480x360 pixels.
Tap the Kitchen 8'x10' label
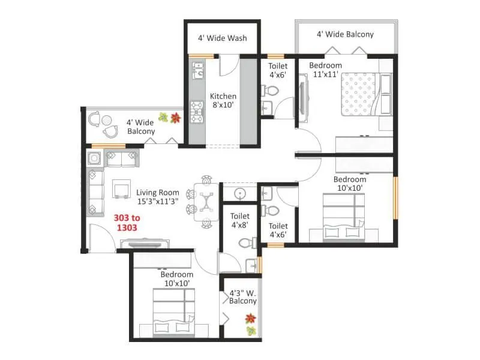click(223, 100)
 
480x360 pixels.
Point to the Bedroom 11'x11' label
click(325, 70)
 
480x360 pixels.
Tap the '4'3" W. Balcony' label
click(242, 297)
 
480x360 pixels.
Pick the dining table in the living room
click(206, 200)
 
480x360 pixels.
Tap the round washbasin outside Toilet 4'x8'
click(239, 193)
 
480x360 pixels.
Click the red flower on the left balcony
click(175, 117)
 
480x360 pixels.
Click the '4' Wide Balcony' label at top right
click(345, 34)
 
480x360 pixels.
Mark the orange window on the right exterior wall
click(395, 198)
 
